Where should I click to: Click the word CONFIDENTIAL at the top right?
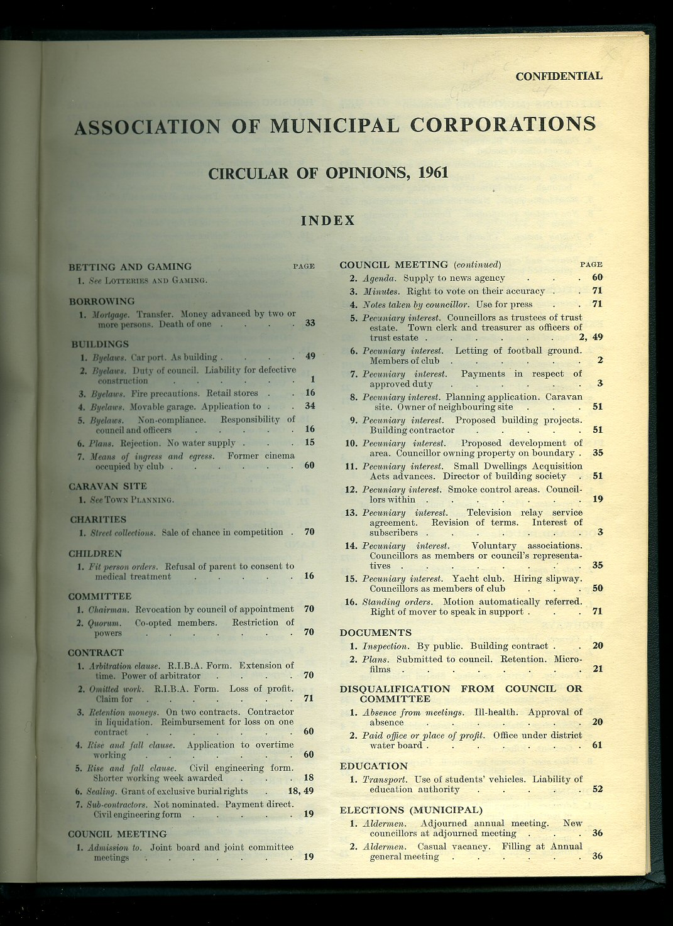click(559, 76)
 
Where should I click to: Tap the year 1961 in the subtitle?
click(432, 173)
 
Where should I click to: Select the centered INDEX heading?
click(328, 221)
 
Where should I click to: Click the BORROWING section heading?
click(102, 301)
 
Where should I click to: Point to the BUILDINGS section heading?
click(100, 344)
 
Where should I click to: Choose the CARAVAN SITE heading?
click(107, 486)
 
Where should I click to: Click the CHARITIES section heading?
click(98, 520)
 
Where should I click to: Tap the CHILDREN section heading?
click(96, 553)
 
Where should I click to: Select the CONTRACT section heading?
click(96, 653)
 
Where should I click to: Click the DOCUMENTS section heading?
click(376, 633)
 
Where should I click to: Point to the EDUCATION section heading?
click(374, 766)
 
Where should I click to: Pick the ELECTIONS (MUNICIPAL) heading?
click(411, 810)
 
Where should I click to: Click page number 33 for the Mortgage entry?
click(310, 324)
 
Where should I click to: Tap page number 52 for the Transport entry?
click(597, 790)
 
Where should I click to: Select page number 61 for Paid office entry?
click(597, 745)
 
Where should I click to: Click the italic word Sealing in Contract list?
click(101, 792)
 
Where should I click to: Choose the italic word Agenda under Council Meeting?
click(380, 278)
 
